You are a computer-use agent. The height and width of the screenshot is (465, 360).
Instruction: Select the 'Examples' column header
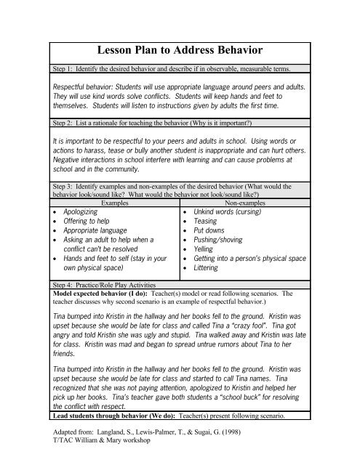(x=110, y=205)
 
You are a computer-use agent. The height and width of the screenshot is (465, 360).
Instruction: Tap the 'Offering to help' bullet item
(x=87, y=226)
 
